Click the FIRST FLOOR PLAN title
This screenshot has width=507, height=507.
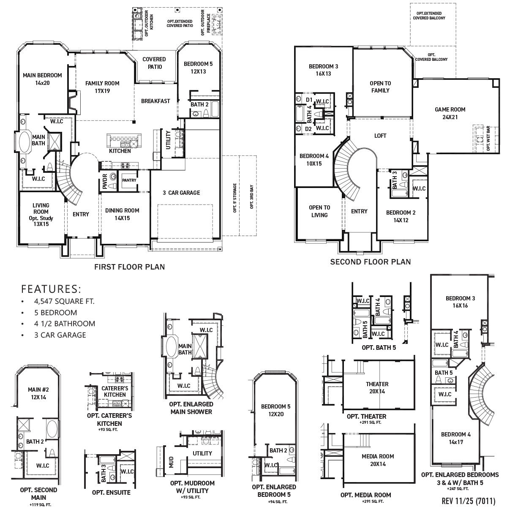pyautogui.click(x=129, y=267)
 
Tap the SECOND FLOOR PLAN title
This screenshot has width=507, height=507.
pyautogui.click(x=370, y=262)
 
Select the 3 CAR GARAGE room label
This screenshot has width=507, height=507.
pyautogui.click(x=181, y=193)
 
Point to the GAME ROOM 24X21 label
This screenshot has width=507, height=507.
pyautogui.click(x=450, y=113)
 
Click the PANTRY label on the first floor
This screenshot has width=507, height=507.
pyautogui.click(x=129, y=180)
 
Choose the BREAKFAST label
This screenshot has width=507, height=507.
pyautogui.click(x=155, y=101)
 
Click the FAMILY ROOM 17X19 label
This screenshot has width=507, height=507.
pyautogui.click(x=102, y=87)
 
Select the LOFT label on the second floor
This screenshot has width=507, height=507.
pyautogui.click(x=380, y=136)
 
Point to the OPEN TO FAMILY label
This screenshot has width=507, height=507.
pyautogui.click(x=380, y=87)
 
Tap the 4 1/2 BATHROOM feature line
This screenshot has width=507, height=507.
pyautogui.click(x=65, y=324)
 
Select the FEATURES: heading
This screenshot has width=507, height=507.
pyautogui.click(x=51, y=289)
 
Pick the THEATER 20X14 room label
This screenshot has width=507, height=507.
pyautogui.click(x=377, y=387)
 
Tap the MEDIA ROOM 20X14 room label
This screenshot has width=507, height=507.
pyautogui.click(x=378, y=460)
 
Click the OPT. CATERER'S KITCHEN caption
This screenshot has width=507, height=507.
pyautogui.click(x=109, y=419)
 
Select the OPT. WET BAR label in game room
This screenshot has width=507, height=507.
pyautogui.click(x=488, y=138)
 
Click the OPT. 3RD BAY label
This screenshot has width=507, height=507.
pyautogui.click(x=251, y=197)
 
